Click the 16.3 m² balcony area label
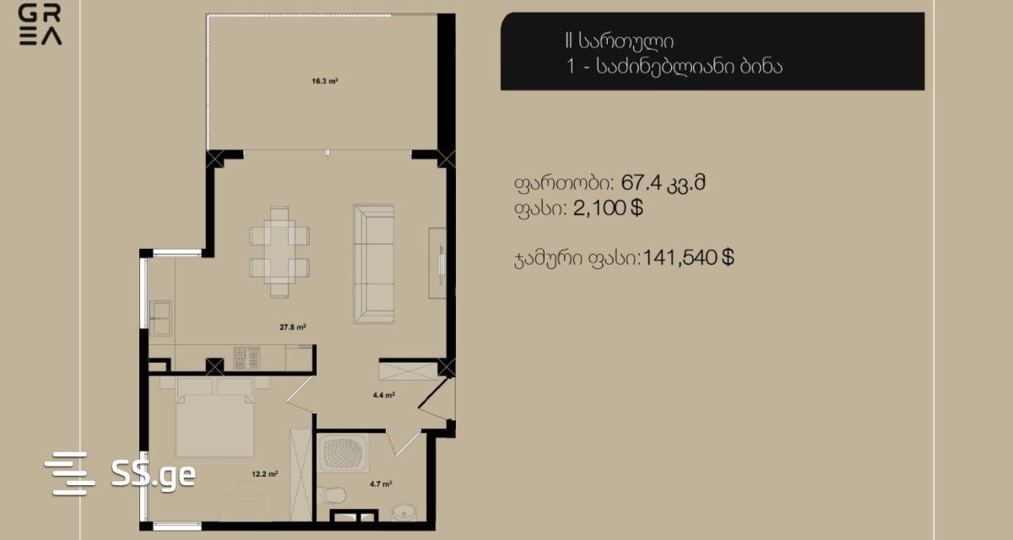pyautogui.click(x=325, y=81)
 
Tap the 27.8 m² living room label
pyautogui.click(x=293, y=327)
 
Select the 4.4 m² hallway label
pyautogui.click(x=383, y=395)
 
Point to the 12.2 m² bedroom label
pyautogui.click(x=264, y=474)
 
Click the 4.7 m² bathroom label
pyautogui.click(x=381, y=484)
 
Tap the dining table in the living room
pyautogui.click(x=279, y=251)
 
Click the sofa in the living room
pyautogui.click(x=373, y=264)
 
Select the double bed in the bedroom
pyautogui.click(x=214, y=418)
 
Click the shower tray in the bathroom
pyautogui.click(x=343, y=453)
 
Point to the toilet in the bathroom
pyautogui.click(x=332, y=495)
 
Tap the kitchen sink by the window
pyautogui.click(x=160, y=318)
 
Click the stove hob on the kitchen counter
pyautogui.click(x=246, y=358)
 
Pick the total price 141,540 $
pyautogui.click(x=688, y=257)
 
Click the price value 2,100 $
pyautogui.click(x=608, y=208)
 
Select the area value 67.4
pyautogui.click(x=641, y=183)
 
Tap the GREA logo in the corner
pyautogui.click(x=40, y=24)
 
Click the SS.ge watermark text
pyautogui.click(x=154, y=474)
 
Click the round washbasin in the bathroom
pyautogui.click(x=404, y=512)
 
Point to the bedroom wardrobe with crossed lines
pyautogui.click(x=301, y=474)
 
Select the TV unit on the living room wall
pyautogui.click(x=437, y=263)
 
